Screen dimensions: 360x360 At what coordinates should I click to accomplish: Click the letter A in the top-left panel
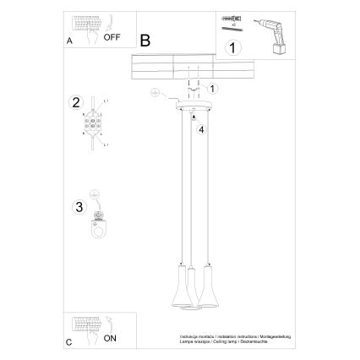[x=68, y=40]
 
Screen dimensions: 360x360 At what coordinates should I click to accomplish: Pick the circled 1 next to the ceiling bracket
[x=213, y=88]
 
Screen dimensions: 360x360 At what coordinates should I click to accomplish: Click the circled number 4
[x=202, y=130]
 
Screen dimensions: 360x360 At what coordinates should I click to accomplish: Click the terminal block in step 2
[x=92, y=125]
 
